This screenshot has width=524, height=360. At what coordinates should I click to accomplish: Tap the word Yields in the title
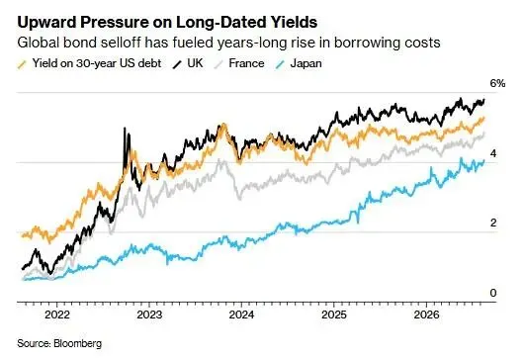click(x=292, y=23)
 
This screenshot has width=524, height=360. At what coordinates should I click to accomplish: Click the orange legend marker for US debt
click(x=22, y=64)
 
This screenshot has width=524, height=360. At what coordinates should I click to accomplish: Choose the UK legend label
click(x=195, y=63)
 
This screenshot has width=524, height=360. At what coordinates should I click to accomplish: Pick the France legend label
click(x=246, y=63)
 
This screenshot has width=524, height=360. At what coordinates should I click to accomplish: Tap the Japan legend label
click(x=306, y=63)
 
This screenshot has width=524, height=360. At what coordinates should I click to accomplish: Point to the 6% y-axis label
click(x=497, y=83)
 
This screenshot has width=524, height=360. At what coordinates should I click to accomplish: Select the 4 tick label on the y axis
click(x=493, y=153)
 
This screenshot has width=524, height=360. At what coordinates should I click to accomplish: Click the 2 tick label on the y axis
click(x=493, y=223)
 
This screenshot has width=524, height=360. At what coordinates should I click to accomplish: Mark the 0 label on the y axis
click(x=493, y=293)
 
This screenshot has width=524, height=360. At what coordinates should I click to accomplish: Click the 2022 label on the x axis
click(x=57, y=315)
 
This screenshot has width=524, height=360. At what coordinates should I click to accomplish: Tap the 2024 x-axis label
click(x=241, y=315)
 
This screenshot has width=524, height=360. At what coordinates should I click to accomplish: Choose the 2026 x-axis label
click(x=426, y=315)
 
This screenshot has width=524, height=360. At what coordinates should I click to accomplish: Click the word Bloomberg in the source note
click(x=77, y=343)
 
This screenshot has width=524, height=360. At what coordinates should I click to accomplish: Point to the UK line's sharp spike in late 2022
click(x=125, y=128)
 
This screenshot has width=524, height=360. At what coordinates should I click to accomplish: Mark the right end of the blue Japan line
click(x=483, y=161)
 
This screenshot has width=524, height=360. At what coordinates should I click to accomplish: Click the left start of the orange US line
click(x=23, y=236)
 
